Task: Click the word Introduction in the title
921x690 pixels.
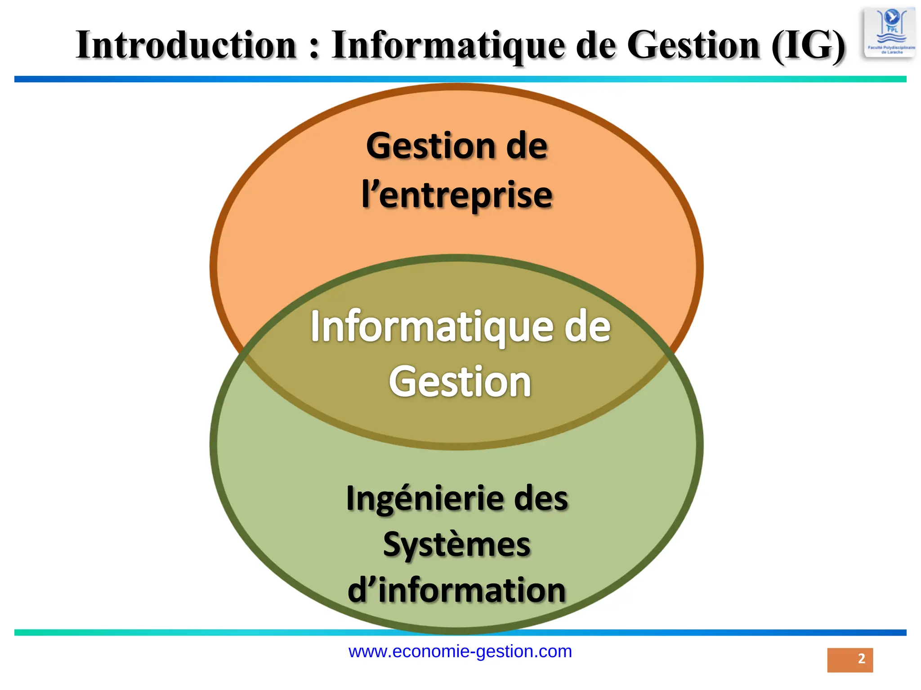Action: [x=186, y=45]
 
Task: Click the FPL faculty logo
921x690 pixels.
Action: [x=889, y=33]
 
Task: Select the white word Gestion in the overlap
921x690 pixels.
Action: [x=460, y=382]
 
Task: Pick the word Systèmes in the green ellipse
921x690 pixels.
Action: [x=457, y=544]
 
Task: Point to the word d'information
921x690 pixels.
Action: [x=457, y=590]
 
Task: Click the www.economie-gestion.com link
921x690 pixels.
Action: [x=460, y=651]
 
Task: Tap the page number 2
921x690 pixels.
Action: [x=861, y=659]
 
